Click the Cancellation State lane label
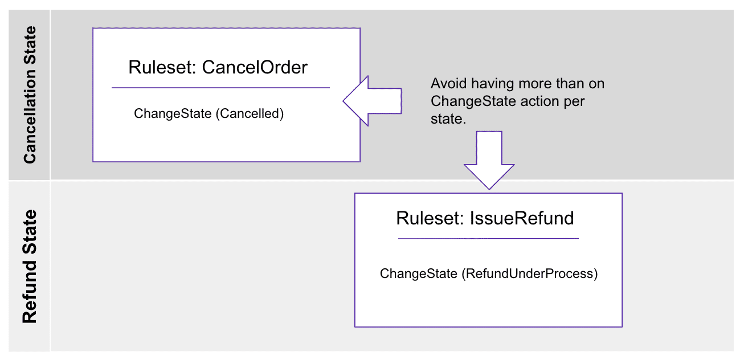(x=29, y=95)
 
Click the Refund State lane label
(x=29, y=267)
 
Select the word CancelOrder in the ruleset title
(x=255, y=67)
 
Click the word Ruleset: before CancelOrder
(x=163, y=67)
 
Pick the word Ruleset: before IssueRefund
(x=431, y=218)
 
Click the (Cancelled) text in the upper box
(x=250, y=113)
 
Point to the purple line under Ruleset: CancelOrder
(x=220, y=88)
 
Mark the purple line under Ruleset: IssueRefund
(x=488, y=238)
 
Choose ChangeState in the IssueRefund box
(x=418, y=273)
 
